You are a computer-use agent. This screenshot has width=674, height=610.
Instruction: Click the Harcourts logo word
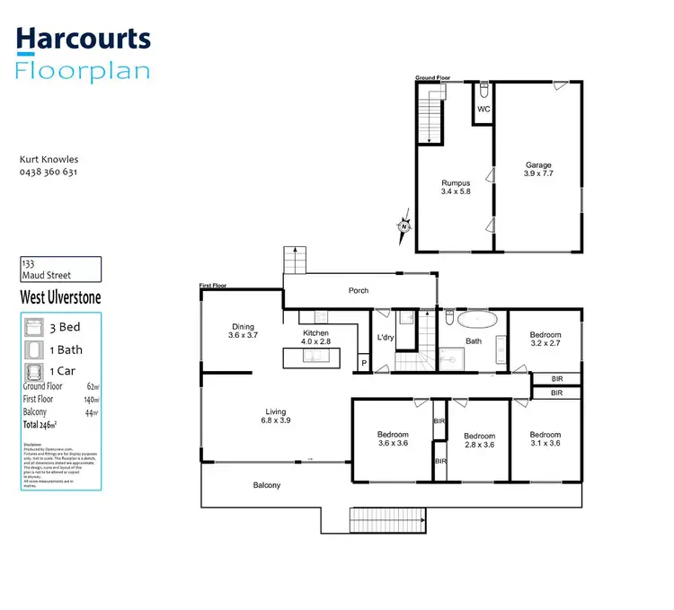tap(84, 39)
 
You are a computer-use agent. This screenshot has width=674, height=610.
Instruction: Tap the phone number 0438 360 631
tap(49, 172)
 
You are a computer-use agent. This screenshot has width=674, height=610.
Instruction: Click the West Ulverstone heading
tap(59, 297)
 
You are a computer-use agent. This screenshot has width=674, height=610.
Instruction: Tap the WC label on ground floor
tap(483, 110)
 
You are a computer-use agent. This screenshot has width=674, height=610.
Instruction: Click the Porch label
tap(358, 290)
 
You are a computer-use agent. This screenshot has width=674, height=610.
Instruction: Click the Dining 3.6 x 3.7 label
tap(243, 331)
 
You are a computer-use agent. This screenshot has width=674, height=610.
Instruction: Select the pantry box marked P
tap(364, 362)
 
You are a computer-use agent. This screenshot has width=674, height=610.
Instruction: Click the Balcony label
tap(266, 485)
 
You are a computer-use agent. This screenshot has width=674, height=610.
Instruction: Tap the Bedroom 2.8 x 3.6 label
tap(480, 440)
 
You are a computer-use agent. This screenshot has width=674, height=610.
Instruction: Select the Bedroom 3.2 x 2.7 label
tap(545, 338)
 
